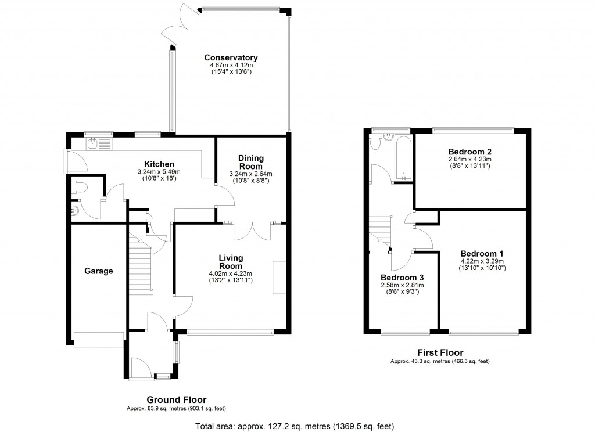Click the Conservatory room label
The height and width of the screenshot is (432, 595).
[x=231, y=57]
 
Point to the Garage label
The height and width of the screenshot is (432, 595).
[x=98, y=271]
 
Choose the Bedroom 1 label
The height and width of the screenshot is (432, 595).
[x=482, y=253]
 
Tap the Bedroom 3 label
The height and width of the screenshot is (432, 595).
[x=402, y=278]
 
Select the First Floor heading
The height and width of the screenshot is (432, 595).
[x=440, y=352]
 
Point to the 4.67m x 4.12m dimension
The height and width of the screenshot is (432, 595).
[x=231, y=65]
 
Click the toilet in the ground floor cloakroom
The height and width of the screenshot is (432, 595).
[x=80, y=187]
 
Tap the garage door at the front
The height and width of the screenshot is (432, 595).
[x=98, y=340]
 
